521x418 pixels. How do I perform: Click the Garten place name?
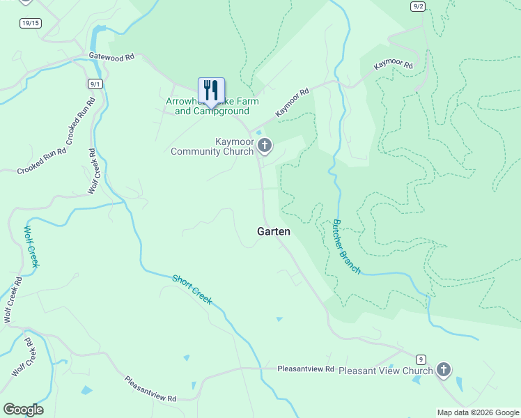274,231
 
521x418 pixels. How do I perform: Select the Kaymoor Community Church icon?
264,146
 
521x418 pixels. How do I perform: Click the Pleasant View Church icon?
444,370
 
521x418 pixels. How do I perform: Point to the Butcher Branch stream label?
345,247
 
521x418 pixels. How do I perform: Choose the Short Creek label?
192,289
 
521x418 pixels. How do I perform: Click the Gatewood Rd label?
111,58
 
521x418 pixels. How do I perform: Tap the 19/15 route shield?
30,23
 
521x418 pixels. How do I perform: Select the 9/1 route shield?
95,84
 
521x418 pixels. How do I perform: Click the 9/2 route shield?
418,6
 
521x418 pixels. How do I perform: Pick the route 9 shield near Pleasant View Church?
421,359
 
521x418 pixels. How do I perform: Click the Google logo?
23,410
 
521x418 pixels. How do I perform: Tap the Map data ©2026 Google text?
477,412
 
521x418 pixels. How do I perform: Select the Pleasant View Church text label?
385,371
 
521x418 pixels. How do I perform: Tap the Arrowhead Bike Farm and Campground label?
212,106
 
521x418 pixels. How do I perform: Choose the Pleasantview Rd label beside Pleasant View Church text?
306,369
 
